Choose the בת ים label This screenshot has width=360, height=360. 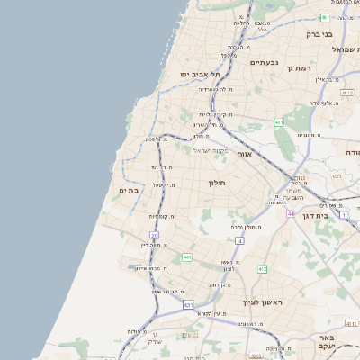(x=128, y=191)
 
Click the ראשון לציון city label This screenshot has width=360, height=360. (x=263, y=302)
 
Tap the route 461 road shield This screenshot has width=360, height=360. (x=279, y=122)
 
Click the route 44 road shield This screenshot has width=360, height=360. (x=292, y=213)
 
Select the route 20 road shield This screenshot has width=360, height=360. (x=155, y=236)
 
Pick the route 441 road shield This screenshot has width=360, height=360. (x=186, y=258)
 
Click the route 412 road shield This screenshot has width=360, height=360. (x=262, y=269)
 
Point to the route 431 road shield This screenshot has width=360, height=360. (x=189, y=306)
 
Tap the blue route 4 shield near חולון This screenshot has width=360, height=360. (x=239, y=241)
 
